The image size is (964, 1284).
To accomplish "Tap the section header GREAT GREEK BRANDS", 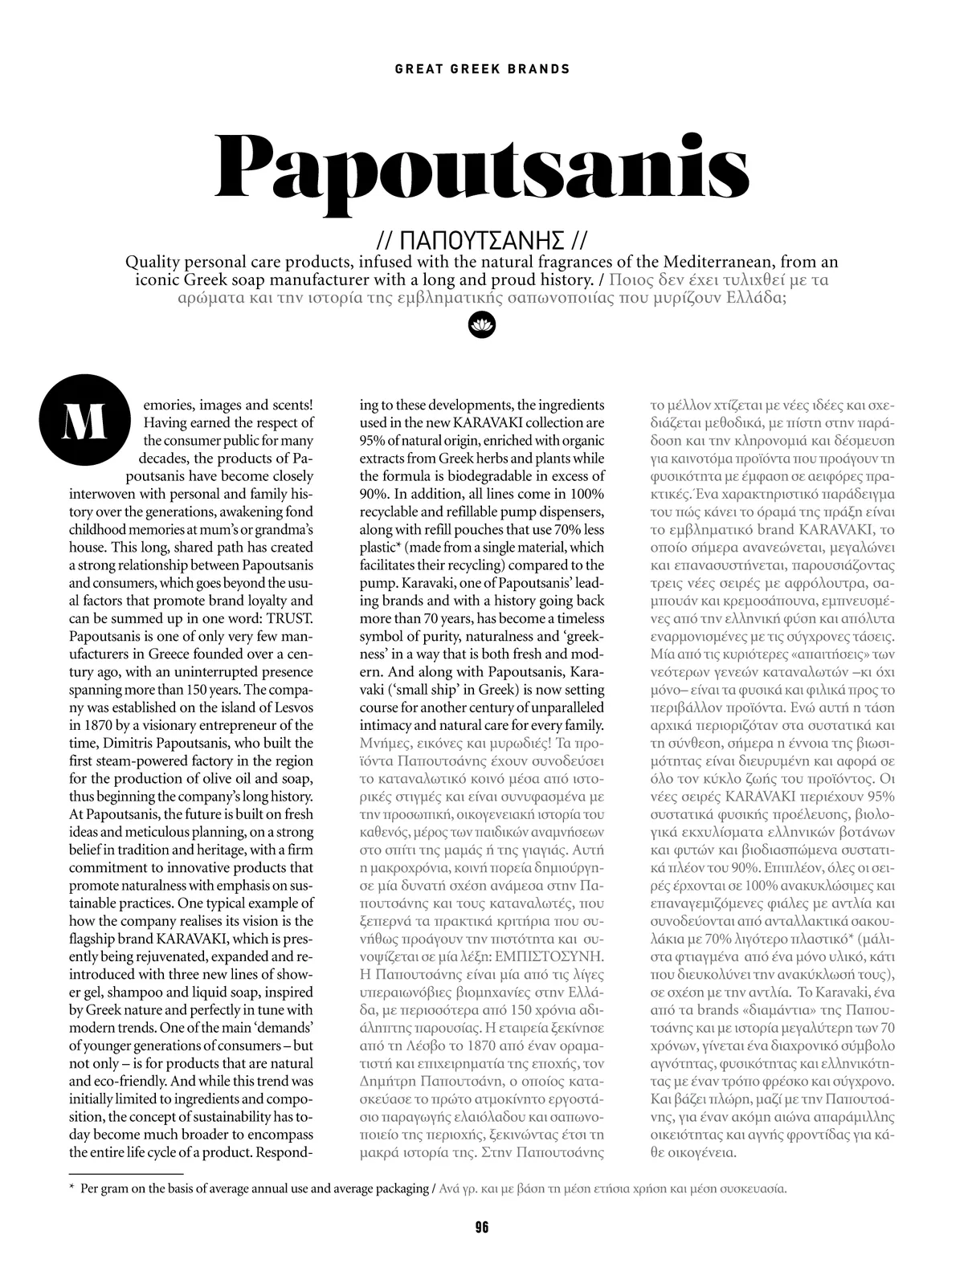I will pyautogui.click(x=482, y=69).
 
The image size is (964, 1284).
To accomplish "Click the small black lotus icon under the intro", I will pyautogui.click(x=482, y=324).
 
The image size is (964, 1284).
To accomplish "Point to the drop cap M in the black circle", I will pyautogui.click(x=84, y=424).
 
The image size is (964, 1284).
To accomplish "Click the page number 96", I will pyautogui.click(x=482, y=1226).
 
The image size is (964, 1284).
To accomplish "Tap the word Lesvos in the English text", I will pyautogui.click(x=289, y=707).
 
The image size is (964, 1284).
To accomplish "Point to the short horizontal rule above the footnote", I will pyautogui.click(x=126, y=1174).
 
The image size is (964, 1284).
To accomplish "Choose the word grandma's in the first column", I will pyautogui.click(x=284, y=530).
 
